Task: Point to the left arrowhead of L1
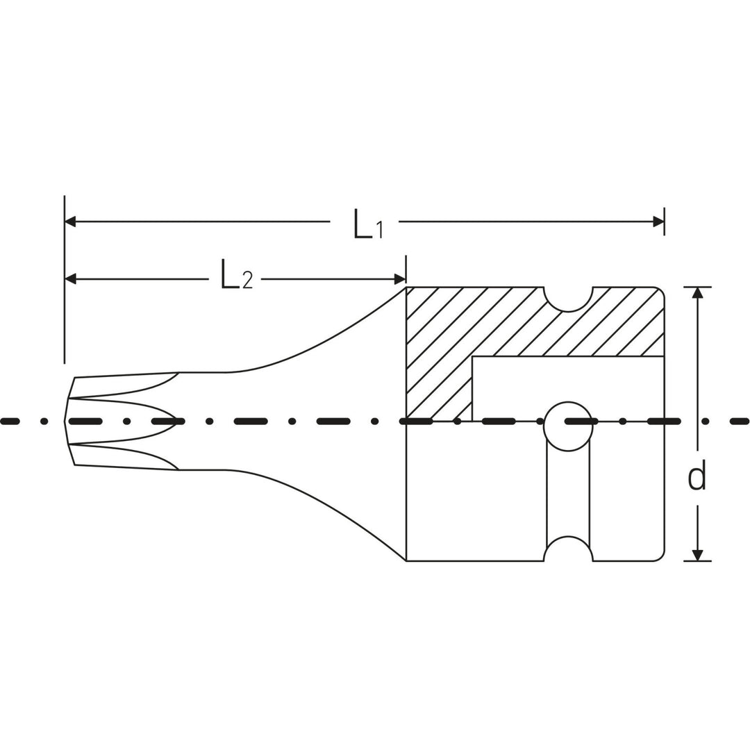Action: click(x=70, y=222)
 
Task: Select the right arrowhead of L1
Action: click(x=658, y=222)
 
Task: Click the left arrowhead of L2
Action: click(x=70, y=278)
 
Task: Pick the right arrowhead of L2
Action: click(x=400, y=278)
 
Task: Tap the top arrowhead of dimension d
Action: click(x=698, y=293)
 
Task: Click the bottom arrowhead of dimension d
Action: click(x=698, y=555)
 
